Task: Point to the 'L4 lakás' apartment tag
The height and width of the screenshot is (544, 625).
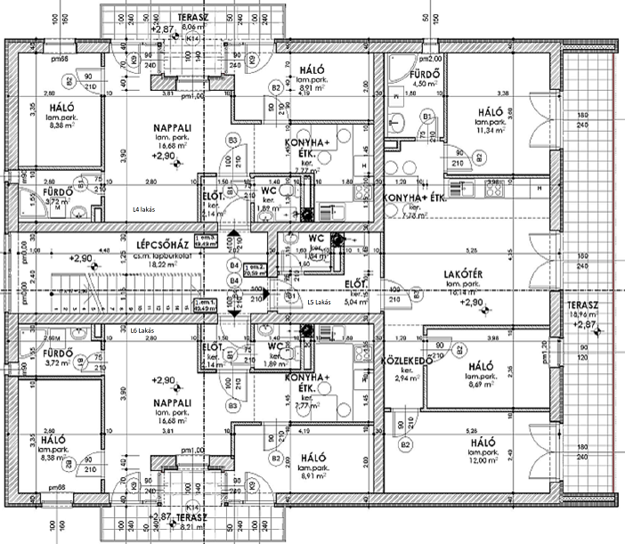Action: coord(144,208)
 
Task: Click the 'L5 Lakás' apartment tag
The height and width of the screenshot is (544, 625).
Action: coord(318,303)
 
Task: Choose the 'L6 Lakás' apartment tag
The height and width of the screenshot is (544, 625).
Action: coord(142,331)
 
